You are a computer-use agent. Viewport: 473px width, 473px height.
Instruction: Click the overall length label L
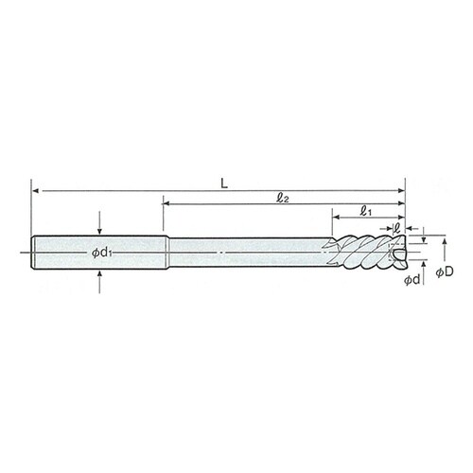224,184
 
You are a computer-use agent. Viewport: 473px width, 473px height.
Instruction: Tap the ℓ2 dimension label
282,198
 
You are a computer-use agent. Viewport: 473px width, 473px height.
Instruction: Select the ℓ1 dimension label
365,211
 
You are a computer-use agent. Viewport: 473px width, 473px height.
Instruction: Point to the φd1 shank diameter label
101,253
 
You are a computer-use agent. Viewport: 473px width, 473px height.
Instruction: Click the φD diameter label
445,272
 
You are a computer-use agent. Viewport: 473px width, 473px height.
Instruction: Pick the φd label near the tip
412,279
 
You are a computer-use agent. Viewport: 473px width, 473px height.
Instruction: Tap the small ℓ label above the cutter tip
396,227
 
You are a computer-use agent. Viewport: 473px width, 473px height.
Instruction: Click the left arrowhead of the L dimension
36,191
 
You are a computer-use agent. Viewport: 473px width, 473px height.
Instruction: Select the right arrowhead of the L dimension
401,190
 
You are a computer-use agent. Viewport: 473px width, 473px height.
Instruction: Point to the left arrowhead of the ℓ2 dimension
166,204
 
